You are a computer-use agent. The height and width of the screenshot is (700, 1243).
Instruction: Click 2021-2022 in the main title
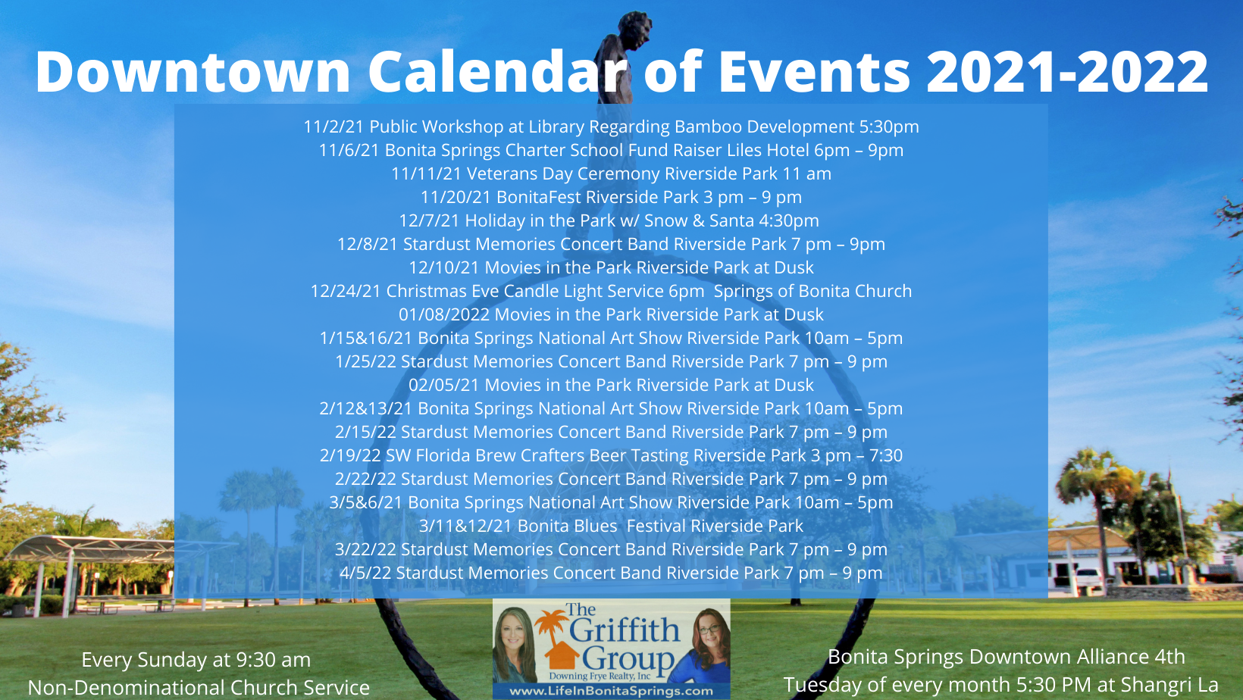point(1067,71)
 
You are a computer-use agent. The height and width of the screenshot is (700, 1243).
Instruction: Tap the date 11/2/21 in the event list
point(333,127)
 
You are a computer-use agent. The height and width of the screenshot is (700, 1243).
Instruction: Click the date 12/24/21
point(345,291)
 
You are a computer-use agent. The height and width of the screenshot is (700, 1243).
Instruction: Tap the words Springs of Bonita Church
point(812,291)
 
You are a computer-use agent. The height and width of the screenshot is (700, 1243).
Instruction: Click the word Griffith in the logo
point(624,630)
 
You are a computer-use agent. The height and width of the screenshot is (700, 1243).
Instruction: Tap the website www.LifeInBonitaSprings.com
point(611,691)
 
